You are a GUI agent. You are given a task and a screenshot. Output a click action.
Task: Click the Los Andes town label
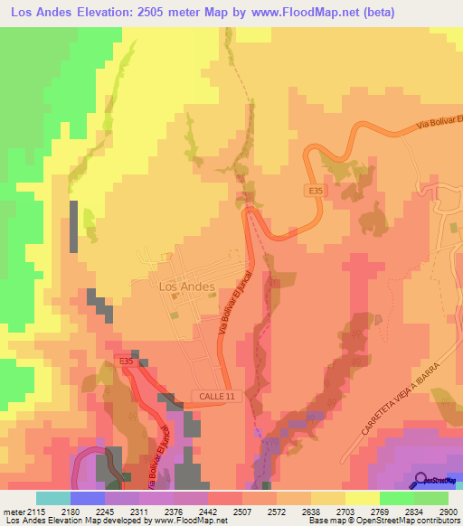(186, 286)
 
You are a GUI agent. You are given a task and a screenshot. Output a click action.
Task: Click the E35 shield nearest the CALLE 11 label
(126, 362)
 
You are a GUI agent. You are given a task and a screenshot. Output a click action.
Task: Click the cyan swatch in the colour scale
(52, 498)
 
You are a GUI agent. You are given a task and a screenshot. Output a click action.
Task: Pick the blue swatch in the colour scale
(88, 498)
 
